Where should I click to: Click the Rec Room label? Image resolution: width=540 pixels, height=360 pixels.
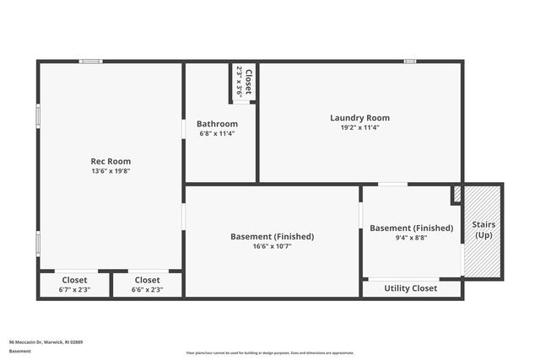click(111, 161)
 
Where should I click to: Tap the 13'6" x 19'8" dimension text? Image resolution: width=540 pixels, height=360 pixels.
click(111, 170)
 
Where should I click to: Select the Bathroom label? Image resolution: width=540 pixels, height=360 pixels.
click(217, 124)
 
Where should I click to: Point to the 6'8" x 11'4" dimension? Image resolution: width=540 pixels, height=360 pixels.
click(217, 133)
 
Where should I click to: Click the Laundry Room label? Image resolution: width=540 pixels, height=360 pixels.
click(359, 118)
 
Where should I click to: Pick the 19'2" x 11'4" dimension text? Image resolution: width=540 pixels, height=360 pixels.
click(359, 127)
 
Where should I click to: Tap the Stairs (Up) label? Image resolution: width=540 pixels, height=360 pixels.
click(483, 229)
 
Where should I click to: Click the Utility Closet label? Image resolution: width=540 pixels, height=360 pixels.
click(411, 288)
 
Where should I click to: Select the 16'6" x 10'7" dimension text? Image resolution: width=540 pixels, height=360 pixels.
click(272, 247)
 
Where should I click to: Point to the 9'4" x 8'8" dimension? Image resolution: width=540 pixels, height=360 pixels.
click(411, 238)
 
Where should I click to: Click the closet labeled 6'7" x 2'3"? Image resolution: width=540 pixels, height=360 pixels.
click(74, 285)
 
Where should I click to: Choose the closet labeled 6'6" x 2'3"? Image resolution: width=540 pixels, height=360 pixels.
click(147, 285)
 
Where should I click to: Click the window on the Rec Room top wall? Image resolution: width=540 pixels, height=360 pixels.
click(91, 61)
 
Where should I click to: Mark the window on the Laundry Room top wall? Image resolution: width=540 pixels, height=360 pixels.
click(409, 61)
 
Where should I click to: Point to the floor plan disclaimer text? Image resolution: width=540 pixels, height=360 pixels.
click(270, 352)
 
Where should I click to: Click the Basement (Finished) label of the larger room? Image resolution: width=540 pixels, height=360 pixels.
click(272, 237)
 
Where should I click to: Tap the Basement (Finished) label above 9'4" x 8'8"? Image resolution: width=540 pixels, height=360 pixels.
click(411, 228)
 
